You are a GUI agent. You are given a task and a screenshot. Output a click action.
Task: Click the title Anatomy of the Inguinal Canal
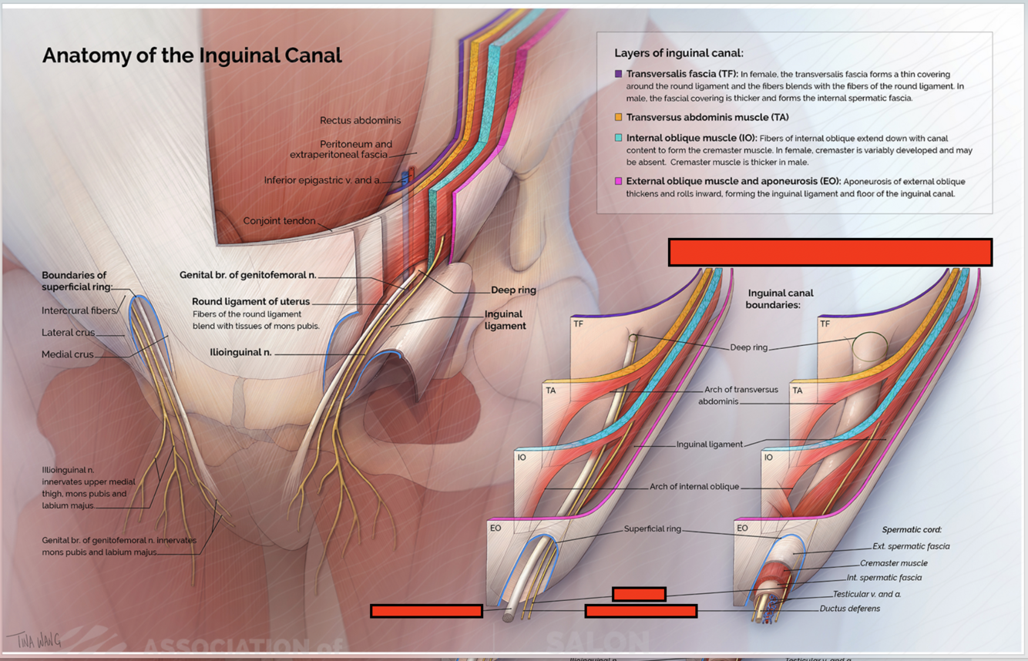(192, 55)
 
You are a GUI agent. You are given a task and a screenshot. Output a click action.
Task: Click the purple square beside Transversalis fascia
(618, 74)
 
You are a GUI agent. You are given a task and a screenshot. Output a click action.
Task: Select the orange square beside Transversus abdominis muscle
(618, 117)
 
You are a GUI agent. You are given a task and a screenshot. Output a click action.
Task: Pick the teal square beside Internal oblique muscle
(618, 138)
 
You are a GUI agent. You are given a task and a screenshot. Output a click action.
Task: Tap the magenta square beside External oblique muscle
(618, 181)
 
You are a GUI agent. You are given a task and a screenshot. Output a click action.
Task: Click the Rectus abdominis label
(360, 120)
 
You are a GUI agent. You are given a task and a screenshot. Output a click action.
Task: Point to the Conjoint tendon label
(279, 221)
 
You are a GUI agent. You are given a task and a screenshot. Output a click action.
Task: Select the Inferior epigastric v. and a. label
(322, 180)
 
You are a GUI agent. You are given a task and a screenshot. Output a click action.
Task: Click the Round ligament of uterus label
(250, 301)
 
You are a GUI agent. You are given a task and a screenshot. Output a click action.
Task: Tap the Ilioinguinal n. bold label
(240, 352)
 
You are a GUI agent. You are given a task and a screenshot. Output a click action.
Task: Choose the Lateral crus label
(68, 333)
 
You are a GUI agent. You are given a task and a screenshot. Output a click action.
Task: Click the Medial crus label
(67, 354)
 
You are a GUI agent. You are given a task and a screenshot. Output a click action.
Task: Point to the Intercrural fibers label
(78, 310)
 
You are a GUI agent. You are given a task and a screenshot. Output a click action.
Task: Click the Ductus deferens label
(849, 609)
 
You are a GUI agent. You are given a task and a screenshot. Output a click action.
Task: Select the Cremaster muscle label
(893, 563)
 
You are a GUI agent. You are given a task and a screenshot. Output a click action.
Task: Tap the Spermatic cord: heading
(912, 530)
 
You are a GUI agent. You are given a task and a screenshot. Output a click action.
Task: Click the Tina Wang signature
(34, 639)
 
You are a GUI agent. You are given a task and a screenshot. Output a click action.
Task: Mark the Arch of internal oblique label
(694, 487)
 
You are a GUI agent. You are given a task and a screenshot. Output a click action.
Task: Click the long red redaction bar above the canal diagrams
(830, 253)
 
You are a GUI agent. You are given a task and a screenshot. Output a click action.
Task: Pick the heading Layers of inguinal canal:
(678, 53)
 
